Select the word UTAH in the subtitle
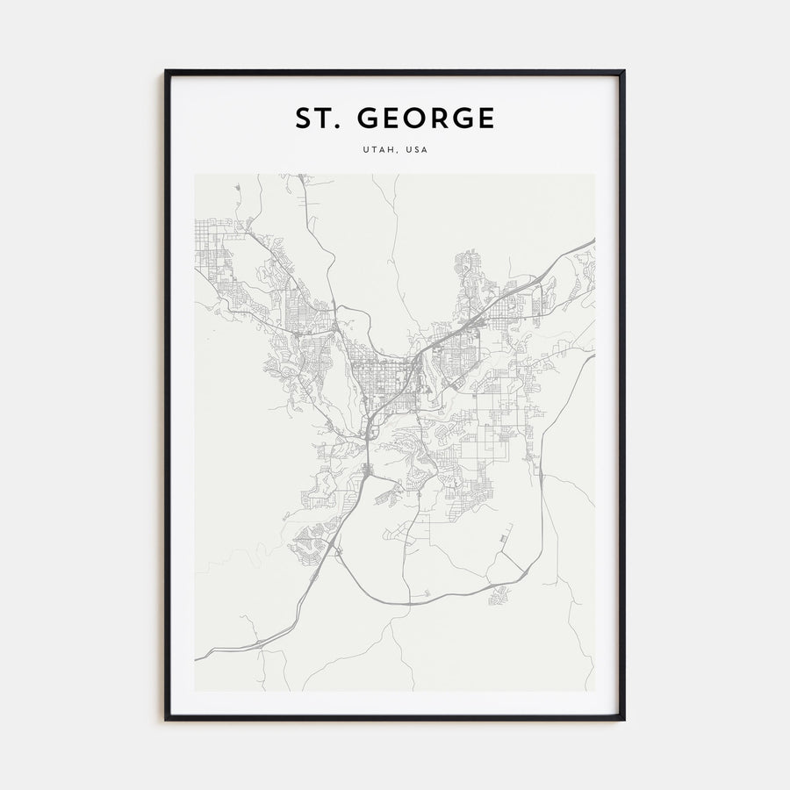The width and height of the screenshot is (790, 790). (377, 150)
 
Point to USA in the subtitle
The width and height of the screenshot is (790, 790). (416, 150)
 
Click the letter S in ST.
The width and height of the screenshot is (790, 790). (304, 118)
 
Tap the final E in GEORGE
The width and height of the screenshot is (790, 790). (485, 118)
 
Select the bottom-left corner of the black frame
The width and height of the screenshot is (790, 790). (166, 719)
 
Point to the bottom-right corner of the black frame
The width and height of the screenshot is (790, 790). (623, 719)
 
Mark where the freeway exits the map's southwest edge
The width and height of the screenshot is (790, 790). (196, 657)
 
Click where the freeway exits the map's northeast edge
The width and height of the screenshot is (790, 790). (593, 240)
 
